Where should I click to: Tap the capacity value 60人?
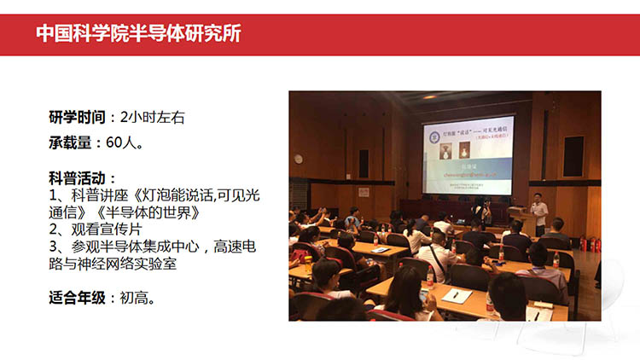coord(125,142)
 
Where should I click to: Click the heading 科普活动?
coord(80,178)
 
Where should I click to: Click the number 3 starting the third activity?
coord(53,247)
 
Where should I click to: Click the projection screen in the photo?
coord(468,158)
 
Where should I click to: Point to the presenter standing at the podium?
coord(539,213)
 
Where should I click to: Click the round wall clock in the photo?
coord(299,158)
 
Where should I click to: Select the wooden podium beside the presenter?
coord(522,222)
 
